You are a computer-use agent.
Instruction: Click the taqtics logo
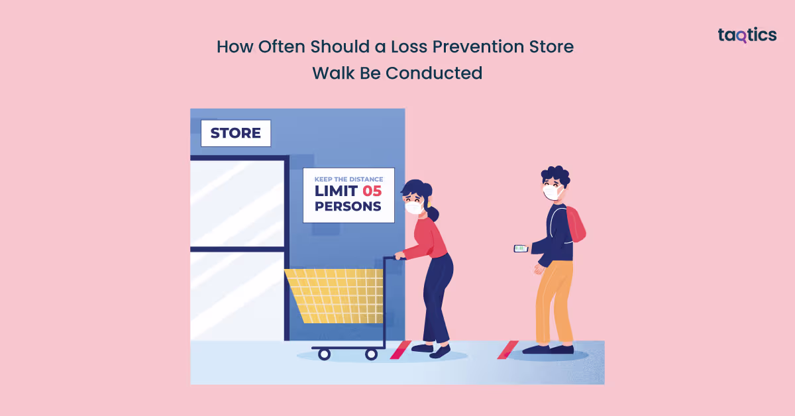747,36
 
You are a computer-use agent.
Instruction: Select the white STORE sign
235,133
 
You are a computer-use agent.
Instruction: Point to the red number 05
372,191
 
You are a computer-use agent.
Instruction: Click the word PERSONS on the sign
348,206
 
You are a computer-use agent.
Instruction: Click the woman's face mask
414,207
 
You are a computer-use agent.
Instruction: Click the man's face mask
551,192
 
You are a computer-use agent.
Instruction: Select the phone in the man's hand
521,248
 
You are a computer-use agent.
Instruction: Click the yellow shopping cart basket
335,295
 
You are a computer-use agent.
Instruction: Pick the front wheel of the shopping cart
324,354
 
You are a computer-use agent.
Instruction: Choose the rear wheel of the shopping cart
372,354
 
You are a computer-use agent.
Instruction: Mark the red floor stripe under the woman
400,350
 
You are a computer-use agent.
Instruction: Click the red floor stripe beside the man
507,350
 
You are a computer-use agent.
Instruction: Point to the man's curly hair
555,175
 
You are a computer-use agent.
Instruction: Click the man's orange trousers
553,298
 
